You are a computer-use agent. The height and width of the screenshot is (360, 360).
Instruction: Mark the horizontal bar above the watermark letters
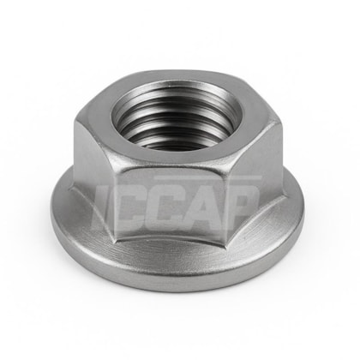[208, 178]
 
